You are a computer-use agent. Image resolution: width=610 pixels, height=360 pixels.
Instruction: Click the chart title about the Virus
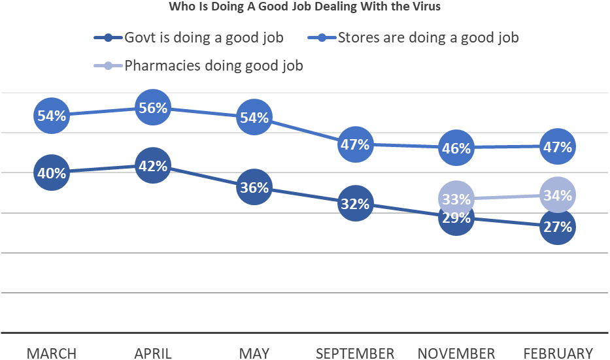tap(305, 8)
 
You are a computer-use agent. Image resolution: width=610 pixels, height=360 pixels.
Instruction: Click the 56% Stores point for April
tap(152, 108)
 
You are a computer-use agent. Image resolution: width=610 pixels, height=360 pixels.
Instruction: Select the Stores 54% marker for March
tap(51, 116)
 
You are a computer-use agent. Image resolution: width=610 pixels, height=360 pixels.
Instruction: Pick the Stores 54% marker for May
tap(254, 118)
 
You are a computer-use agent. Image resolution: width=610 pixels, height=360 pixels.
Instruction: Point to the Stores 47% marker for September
tap(355, 145)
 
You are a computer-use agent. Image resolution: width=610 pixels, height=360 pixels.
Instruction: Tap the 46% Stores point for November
tap(456, 148)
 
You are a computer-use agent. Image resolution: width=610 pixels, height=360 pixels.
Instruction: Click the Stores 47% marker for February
tap(558, 147)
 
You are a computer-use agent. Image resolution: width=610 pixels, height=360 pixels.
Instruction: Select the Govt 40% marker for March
tap(51, 173)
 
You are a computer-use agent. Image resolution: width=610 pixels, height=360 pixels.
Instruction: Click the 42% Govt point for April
tap(152, 165)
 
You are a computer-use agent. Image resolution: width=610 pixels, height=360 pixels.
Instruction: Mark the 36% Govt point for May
tap(254, 188)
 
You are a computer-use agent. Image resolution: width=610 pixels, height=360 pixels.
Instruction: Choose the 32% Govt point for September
tap(355, 204)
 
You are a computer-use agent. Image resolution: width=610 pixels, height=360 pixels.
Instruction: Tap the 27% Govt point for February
tap(558, 227)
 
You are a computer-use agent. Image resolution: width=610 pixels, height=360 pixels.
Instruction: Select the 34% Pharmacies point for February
tap(558, 195)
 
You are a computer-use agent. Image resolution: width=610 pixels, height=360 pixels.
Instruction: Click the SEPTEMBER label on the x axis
tap(355, 353)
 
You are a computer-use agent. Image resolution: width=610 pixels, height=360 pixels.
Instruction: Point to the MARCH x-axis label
tap(51, 353)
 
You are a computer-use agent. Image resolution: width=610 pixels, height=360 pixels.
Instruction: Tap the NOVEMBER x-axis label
tap(456, 353)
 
